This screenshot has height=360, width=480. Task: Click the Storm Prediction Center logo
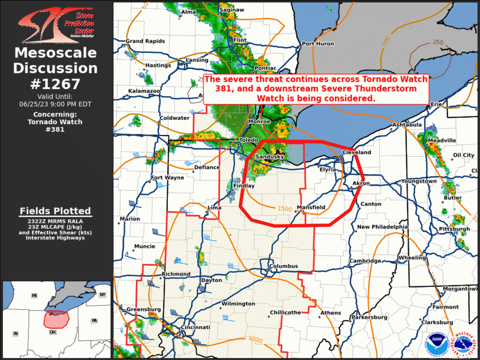coord(56,24)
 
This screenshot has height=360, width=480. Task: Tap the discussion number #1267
coord(56,84)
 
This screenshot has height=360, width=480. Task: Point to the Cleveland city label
coord(357,153)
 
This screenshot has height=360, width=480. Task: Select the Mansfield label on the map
coord(310,207)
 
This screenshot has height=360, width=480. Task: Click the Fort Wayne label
coord(167,178)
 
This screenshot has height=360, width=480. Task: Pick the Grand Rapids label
coord(143,41)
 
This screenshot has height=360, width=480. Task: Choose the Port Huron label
coord(317,44)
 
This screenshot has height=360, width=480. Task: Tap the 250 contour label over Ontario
coord(438,42)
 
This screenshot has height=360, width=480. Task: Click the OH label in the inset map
coord(52,333)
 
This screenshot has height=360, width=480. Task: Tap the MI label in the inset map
coord(35,295)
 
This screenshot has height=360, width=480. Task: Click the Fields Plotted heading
coord(55,211)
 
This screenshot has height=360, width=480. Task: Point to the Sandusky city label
coord(270,157)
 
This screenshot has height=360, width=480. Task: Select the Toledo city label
coord(249,140)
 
